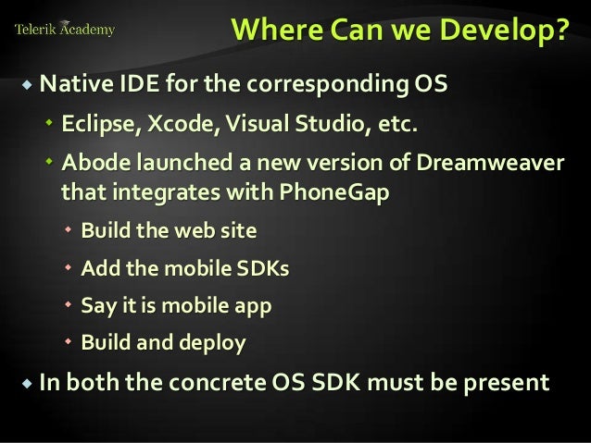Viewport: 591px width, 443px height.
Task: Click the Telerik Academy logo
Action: click(64, 30)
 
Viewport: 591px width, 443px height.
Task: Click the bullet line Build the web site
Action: click(169, 231)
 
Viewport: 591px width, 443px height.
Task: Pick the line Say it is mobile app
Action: click(176, 306)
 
